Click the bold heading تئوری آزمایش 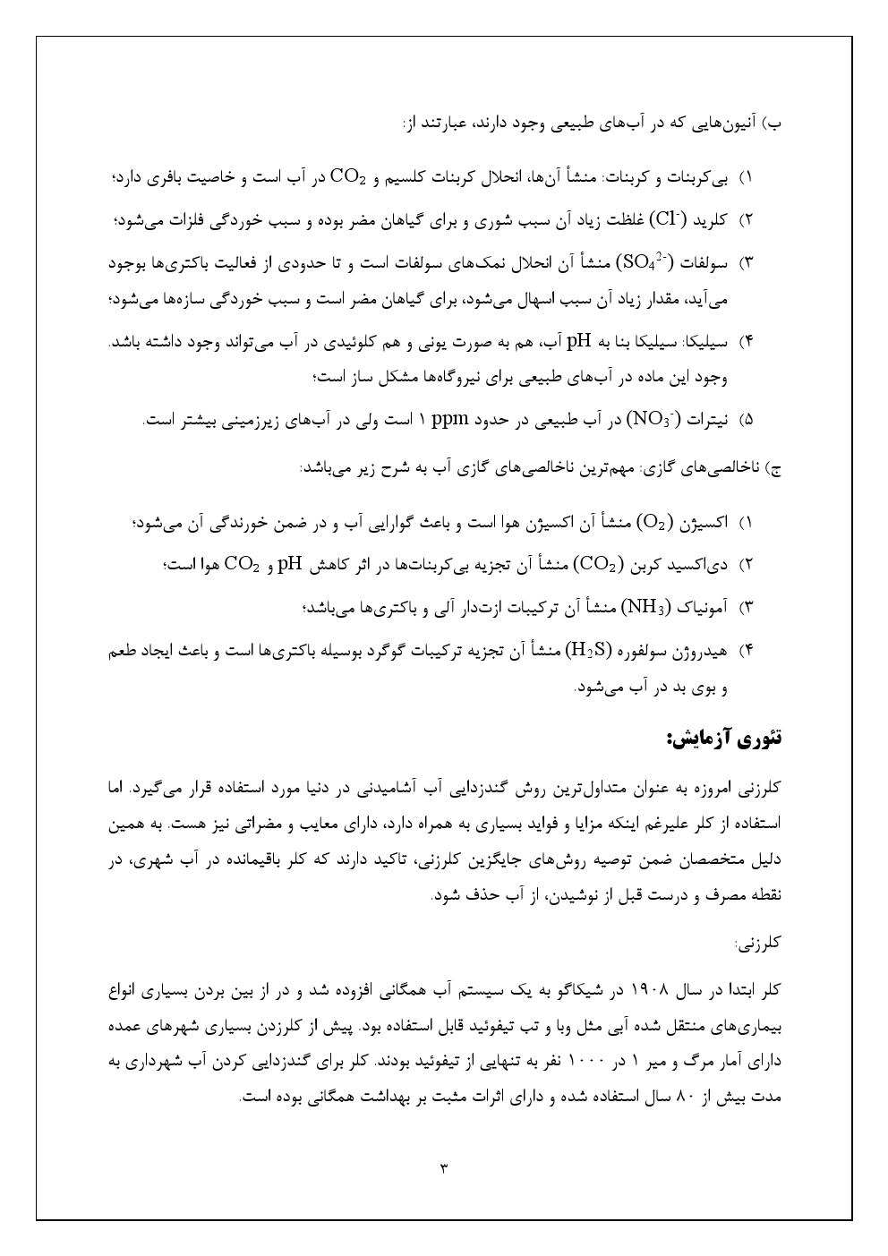click(x=724, y=739)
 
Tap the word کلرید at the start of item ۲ click(x=713, y=218)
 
